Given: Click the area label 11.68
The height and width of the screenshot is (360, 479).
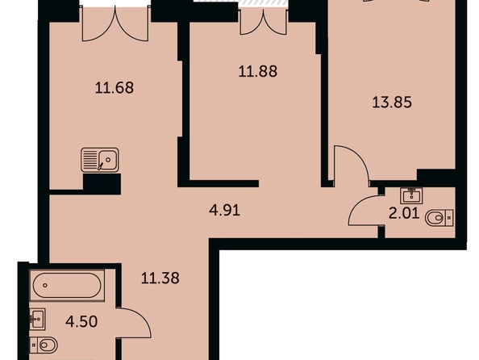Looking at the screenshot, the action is pyautogui.click(x=115, y=88).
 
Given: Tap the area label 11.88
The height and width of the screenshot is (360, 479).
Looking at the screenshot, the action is pyautogui.click(x=258, y=71).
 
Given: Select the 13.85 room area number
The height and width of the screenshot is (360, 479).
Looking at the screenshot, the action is pyautogui.click(x=392, y=102).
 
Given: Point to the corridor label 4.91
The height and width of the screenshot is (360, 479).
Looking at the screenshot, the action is pyautogui.click(x=224, y=211).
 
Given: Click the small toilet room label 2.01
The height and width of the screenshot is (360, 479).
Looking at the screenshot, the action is pyautogui.click(x=404, y=213).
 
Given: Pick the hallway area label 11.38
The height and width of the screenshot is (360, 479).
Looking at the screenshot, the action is pyautogui.click(x=160, y=278).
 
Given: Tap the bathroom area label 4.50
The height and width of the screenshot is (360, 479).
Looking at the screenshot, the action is pyautogui.click(x=81, y=321).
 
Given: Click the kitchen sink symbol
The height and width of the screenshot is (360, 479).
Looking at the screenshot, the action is pyautogui.click(x=100, y=160).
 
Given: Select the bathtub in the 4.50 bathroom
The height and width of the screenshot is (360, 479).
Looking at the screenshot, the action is pyautogui.click(x=67, y=285).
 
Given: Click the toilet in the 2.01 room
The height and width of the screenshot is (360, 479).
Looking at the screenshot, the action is pyautogui.click(x=439, y=218).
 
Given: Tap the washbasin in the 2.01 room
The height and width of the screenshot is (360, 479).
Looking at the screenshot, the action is pyautogui.click(x=412, y=195).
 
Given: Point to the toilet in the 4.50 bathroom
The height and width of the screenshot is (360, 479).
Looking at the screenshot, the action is pyautogui.click(x=44, y=345).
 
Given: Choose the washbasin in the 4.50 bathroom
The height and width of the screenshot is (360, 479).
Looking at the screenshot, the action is pyautogui.click(x=38, y=319).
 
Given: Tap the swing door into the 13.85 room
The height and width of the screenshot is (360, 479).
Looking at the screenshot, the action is pyautogui.click(x=363, y=156).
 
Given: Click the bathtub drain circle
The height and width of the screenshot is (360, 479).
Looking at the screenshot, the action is pyautogui.click(x=45, y=286).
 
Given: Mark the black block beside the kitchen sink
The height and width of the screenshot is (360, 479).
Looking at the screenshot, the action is pyautogui.click(x=102, y=184).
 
